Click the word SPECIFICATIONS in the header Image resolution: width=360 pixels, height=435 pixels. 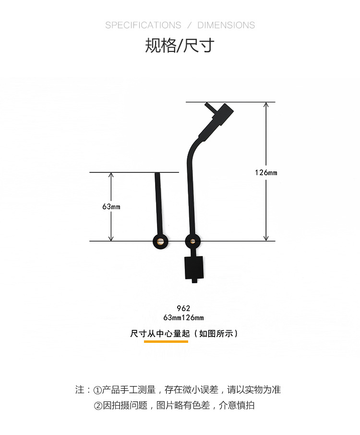click(143, 25)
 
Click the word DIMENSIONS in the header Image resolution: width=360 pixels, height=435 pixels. click(226, 25)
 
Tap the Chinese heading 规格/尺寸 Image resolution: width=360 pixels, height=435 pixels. click(180, 45)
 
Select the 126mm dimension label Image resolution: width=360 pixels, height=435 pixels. click(266, 172)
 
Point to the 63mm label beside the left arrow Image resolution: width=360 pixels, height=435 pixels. click(111, 206)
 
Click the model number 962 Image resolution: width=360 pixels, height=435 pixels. click(183, 308)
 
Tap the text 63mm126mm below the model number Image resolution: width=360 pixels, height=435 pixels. click(183, 318)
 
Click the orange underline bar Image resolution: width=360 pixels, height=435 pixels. click(166, 341)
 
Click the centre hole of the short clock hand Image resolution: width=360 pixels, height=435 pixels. click(161, 241)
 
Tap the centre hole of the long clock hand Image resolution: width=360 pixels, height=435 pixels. click(192, 241)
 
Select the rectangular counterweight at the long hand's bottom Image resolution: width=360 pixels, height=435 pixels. click(194, 268)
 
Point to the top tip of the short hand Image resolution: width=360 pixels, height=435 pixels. click(157, 173)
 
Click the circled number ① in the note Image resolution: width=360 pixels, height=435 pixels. click(97, 390)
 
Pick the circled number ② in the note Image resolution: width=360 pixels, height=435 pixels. click(98, 406)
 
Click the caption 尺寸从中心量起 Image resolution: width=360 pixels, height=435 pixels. click(160, 334)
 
